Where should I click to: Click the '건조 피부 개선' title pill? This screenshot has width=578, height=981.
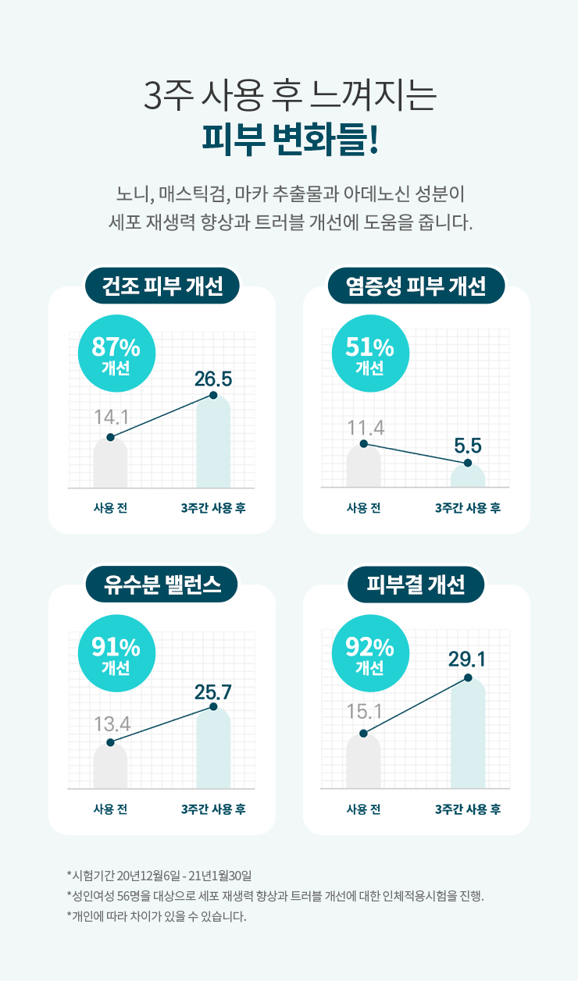tap(162, 286)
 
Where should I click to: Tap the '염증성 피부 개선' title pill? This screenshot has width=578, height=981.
tap(416, 286)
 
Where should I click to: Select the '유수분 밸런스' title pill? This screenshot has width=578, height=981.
tap(162, 585)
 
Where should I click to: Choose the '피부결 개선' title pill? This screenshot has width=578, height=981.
tap(416, 585)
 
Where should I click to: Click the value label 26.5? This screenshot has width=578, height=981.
tap(213, 379)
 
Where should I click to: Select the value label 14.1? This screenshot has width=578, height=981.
tap(111, 417)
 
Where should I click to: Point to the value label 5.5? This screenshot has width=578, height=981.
tap(467, 446)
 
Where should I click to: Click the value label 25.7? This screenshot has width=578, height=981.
tap(213, 691)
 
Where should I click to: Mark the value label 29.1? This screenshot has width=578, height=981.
tap(467, 660)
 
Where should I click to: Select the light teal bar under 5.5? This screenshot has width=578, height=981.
tap(468, 477)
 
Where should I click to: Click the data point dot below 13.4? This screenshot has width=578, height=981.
tap(110, 742)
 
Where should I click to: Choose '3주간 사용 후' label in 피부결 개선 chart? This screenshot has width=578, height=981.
tap(468, 809)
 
